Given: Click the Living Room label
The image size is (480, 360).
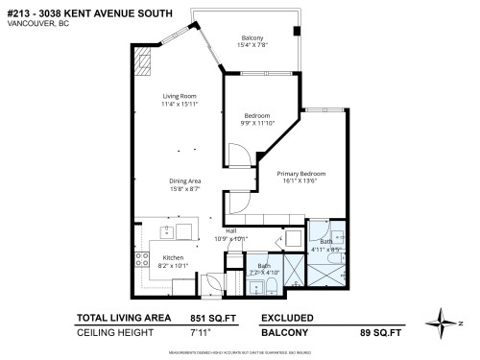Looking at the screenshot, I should (180, 95).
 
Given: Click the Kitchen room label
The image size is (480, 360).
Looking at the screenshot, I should (173, 256).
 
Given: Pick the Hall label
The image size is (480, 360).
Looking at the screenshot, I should (230, 231).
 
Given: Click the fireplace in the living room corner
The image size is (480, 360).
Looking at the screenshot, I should (144, 64).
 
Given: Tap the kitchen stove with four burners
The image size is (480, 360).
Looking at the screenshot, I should (140, 258).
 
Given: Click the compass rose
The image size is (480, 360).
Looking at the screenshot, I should (446, 319).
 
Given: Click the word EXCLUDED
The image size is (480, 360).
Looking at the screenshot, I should (289, 317).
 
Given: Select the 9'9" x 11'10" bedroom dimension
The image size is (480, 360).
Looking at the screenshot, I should (257, 123).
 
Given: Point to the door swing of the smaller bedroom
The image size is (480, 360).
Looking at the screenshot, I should (239, 156).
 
